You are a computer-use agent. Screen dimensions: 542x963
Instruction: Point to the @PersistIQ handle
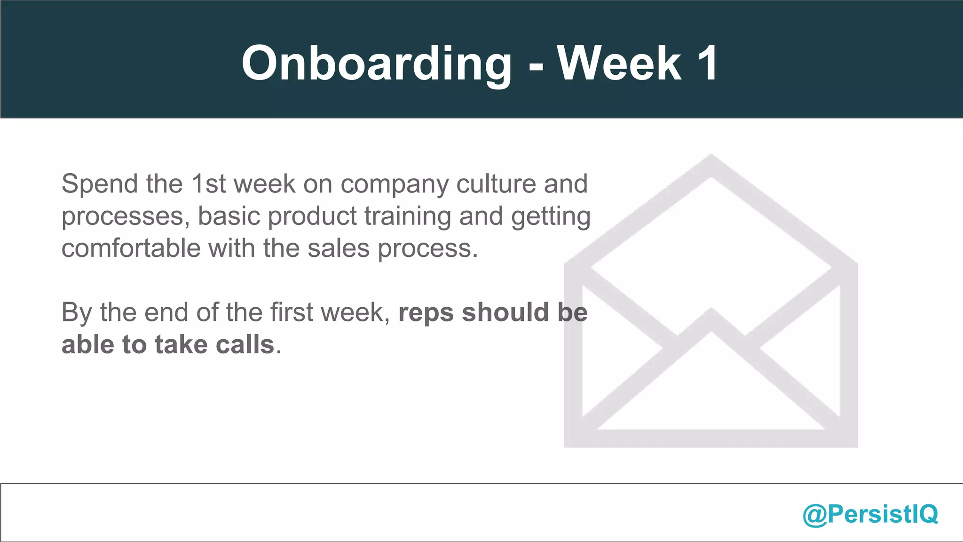(x=870, y=514)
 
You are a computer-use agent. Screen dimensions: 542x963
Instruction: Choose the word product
(x=312, y=216)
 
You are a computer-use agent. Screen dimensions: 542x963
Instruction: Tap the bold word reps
(x=426, y=313)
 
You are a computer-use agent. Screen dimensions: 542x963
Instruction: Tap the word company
(x=395, y=184)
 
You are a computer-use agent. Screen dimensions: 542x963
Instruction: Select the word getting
(x=551, y=217)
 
